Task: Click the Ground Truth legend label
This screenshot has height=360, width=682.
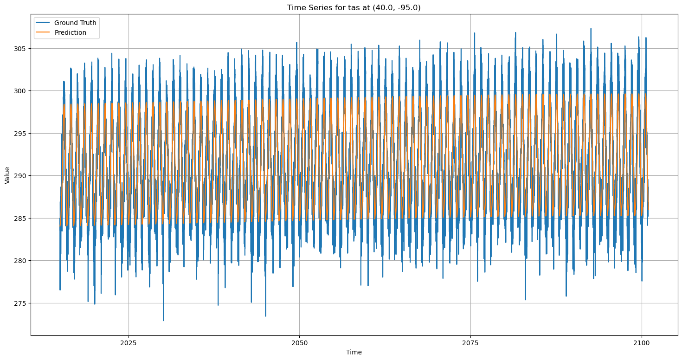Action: pyautogui.click(x=75, y=23)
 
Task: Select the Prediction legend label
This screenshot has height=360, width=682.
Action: pyautogui.click(x=70, y=32)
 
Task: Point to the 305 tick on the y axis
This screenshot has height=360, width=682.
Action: pyautogui.click(x=21, y=49)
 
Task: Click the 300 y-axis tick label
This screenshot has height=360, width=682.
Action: pyautogui.click(x=21, y=91)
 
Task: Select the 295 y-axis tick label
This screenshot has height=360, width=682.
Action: pyautogui.click(x=21, y=134)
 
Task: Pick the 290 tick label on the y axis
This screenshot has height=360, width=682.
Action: pyautogui.click(x=21, y=176)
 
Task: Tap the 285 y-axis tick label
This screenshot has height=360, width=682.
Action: pyautogui.click(x=21, y=219)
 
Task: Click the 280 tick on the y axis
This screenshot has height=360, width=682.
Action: pyautogui.click(x=21, y=261)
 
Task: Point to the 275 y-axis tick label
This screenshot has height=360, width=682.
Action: pyautogui.click(x=21, y=303)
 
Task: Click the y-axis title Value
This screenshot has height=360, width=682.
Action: pyautogui.click(x=7, y=175)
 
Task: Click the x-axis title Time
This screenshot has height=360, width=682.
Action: pyautogui.click(x=354, y=352)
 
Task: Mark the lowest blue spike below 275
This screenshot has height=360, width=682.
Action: pyautogui.click(x=163, y=320)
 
